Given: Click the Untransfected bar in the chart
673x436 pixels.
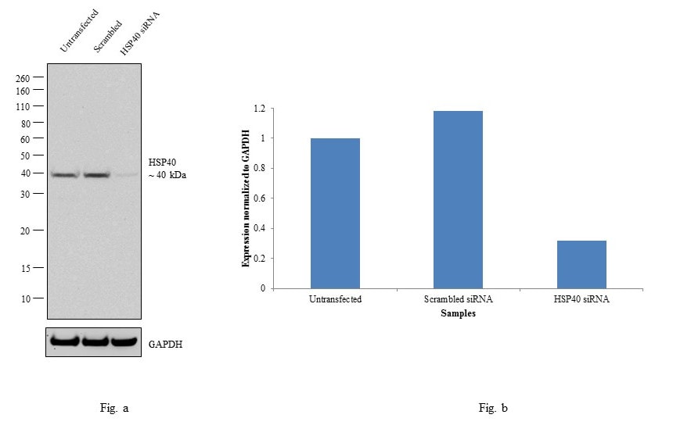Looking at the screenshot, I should (335, 213).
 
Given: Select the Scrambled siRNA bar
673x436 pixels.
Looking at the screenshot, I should (458, 200).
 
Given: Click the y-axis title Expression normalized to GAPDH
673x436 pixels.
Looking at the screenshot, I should (246, 198).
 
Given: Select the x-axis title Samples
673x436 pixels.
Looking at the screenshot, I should (458, 313).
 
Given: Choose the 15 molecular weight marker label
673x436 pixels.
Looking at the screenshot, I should (25, 268).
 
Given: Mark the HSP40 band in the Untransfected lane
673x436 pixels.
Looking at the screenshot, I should (65, 175).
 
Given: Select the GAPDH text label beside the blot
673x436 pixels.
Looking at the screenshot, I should (166, 343).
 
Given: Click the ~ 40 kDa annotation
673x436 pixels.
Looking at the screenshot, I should (167, 175).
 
